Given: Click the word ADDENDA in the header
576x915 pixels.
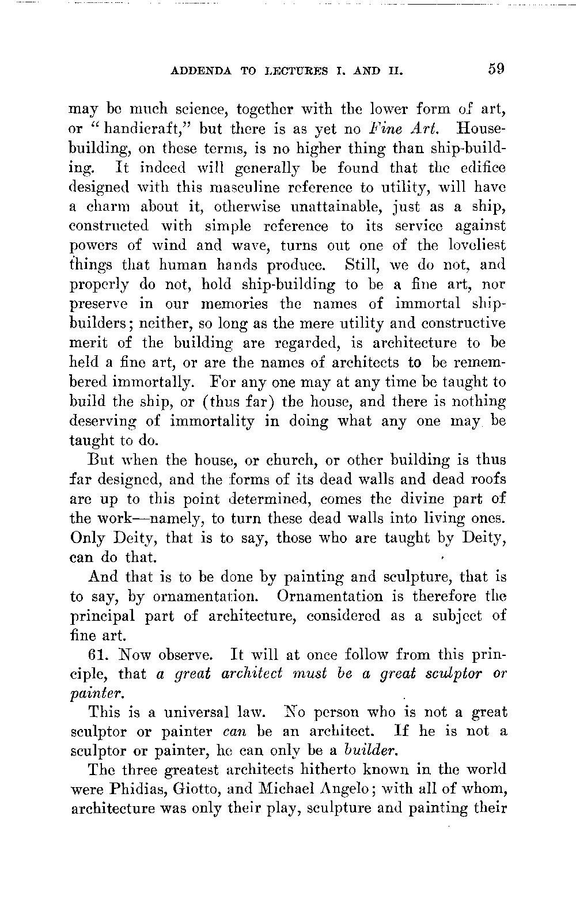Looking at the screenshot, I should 202,72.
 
